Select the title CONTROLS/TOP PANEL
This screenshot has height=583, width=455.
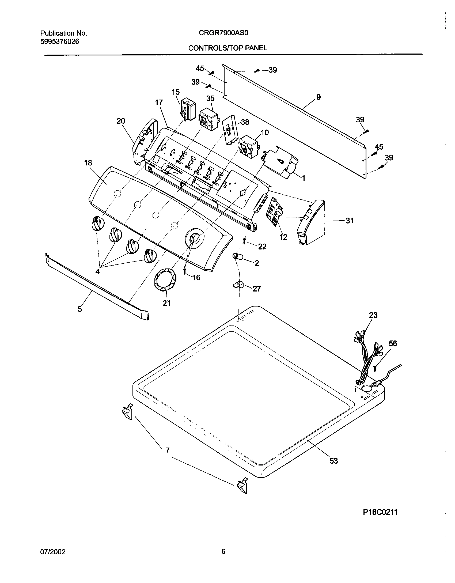pyautogui.click(x=227, y=48)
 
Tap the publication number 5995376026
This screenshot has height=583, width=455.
pyautogui.click(x=59, y=41)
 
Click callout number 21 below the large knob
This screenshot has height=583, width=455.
pyautogui.click(x=166, y=303)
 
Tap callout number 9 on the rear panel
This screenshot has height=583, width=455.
pyautogui.click(x=318, y=97)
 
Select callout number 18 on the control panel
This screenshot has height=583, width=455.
pyautogui.click(x=88, y=163)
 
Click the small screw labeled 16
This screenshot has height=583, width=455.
pyautogui.click(x=185, y=271)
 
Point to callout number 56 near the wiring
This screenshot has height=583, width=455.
pyautogui.click(x=393, y=343)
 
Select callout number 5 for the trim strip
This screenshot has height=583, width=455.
pyautogui.click(x=80, y=309)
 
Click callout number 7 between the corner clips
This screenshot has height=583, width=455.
pyautogui.click(x=167, y=450)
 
